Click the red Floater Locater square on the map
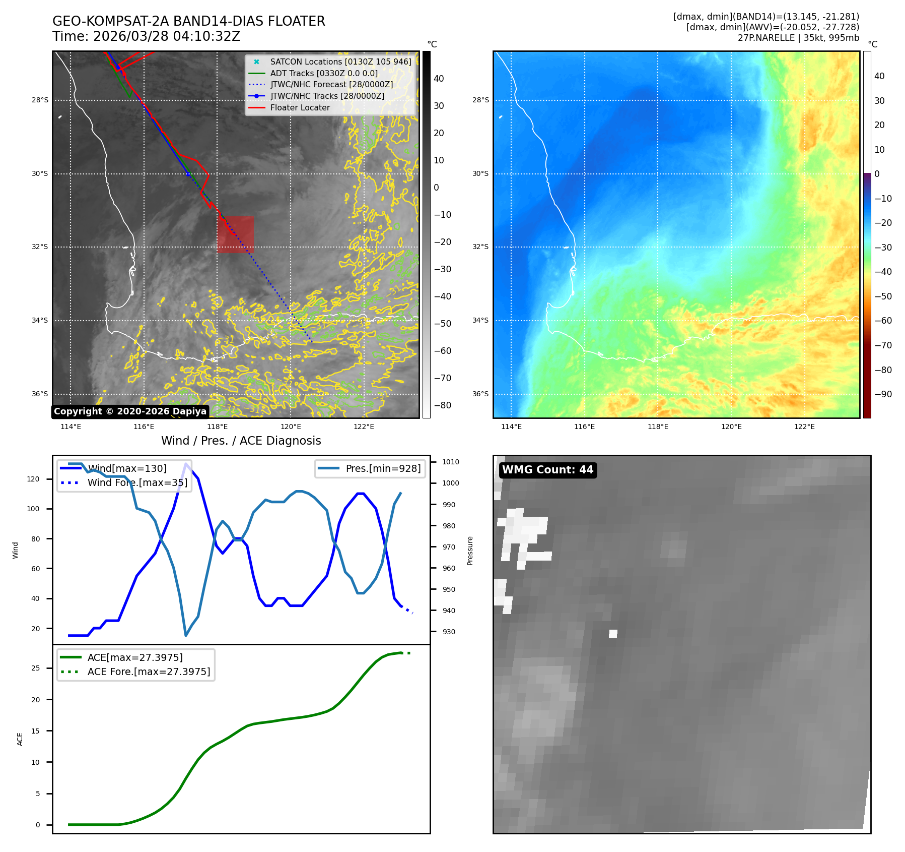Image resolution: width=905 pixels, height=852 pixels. [x=235, y=234]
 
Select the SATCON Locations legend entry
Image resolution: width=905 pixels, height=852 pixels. [x=340, y=62]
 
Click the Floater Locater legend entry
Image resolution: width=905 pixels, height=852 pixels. [x=300, y=107]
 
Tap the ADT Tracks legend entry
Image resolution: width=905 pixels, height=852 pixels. [x=324, y=73]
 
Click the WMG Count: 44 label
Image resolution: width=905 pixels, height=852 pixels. [x=547, y=470]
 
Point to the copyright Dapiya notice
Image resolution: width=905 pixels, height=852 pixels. [x=130, y=411]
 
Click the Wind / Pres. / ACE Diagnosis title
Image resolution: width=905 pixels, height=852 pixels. [x=241, y=441]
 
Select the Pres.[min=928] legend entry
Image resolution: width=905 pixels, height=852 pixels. [x=383, y=468]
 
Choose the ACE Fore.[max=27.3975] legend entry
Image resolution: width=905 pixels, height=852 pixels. [x=149, y=672]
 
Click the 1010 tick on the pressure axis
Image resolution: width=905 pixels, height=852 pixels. [x=451, y=462]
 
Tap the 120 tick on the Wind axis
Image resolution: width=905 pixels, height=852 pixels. [x=33, y=479]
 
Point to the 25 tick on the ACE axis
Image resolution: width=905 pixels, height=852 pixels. [x=35, y=668]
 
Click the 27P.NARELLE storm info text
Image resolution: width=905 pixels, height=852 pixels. [x=798, y=38]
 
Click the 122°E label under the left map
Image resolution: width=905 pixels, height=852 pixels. [x=364, y=427]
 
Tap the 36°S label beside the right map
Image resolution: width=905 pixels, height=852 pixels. [x=480, y=394]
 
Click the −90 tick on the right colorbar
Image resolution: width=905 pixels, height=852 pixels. [x=883, y=394]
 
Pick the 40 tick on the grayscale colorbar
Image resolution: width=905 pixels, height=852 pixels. [x=439, y=79]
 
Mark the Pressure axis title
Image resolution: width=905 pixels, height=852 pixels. [x=470, y=551]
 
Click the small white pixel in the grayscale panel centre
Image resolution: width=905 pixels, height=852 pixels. [x=613, y=634]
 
